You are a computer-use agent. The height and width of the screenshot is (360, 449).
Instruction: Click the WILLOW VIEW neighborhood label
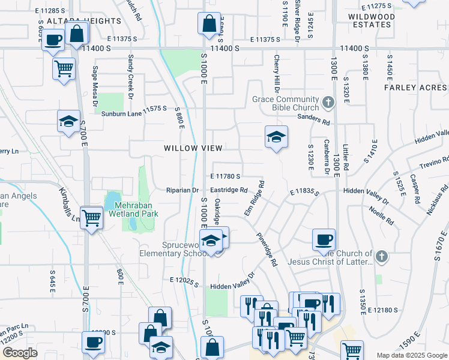click(193, 148)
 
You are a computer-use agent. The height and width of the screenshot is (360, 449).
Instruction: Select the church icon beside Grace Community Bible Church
click(328, 103)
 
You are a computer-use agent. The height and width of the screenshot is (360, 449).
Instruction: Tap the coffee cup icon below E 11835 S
click(324, 239)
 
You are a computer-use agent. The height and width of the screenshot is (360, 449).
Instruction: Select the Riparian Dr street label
click(182, 190)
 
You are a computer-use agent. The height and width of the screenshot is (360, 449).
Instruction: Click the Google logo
click(20, 353)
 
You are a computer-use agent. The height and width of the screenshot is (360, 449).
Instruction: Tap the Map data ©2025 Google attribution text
click(411, 355)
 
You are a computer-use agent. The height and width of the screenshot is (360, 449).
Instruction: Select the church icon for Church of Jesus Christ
click(382, 257)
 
